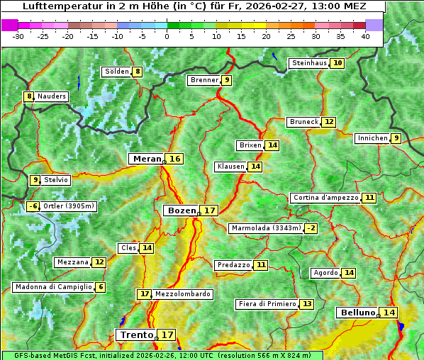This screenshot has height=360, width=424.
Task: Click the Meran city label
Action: point(147,159)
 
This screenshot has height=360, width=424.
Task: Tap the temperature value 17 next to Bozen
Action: point(209,210)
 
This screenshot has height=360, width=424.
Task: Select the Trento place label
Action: point(136,334)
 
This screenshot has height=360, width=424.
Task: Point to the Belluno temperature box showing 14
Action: point(389,313)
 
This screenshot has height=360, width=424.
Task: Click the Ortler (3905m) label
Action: point(69,206)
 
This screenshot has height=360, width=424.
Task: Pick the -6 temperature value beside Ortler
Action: point(33,206)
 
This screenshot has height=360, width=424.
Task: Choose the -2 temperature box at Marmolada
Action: point(311,228)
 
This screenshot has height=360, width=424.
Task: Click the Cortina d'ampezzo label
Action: point(325,198)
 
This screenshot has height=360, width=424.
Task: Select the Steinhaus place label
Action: point(309,63)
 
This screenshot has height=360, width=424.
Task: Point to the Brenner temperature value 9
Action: point(226,80)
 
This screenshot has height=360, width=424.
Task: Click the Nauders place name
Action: point(51,96)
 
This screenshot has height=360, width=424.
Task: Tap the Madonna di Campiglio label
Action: point(53,287)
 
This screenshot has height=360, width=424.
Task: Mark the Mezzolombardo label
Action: point(182,293)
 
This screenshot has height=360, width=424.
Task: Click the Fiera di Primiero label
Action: point(267,304)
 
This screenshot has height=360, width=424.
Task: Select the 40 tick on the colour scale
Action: point(365,35)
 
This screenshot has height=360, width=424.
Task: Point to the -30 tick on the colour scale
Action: point(19,35)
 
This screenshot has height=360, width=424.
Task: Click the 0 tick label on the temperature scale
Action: point(167,35)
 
